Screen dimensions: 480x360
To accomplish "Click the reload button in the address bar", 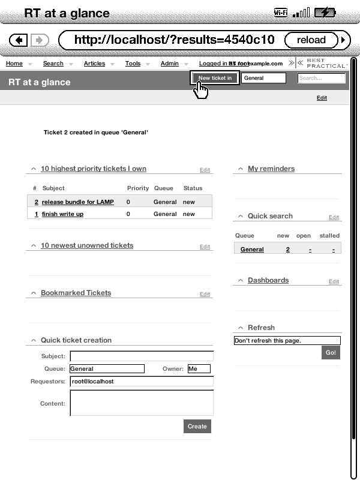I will (x=311, y=40).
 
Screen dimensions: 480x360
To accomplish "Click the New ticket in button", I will (x=215, y=78).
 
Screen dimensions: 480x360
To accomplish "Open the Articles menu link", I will (x=94, y=64).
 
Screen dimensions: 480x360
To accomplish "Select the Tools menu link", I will (x=133, y=64).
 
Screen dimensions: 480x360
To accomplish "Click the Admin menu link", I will (x=169, y=64).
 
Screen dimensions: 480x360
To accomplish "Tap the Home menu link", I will (x=14, y=64).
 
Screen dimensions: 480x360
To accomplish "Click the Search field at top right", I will (x=322, y=78).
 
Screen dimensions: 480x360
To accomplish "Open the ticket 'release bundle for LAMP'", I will (x=77, y=202).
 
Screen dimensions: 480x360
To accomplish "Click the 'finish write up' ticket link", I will (x=62, y=214).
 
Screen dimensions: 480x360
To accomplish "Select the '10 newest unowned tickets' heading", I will (x=87, y=245).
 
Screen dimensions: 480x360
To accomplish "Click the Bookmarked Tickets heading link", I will (x=76, y=293).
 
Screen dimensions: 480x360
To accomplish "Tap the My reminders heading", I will (x=271, y=169).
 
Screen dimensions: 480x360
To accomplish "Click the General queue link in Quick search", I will (x=252, y=250).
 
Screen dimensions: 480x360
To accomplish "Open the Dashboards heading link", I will (x=268, y=280).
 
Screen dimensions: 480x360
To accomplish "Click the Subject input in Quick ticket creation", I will (x=142, y=356).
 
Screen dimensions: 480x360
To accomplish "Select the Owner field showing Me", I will (x=199, y=369).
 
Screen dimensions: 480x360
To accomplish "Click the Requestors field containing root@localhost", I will (x=142, y=382).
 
